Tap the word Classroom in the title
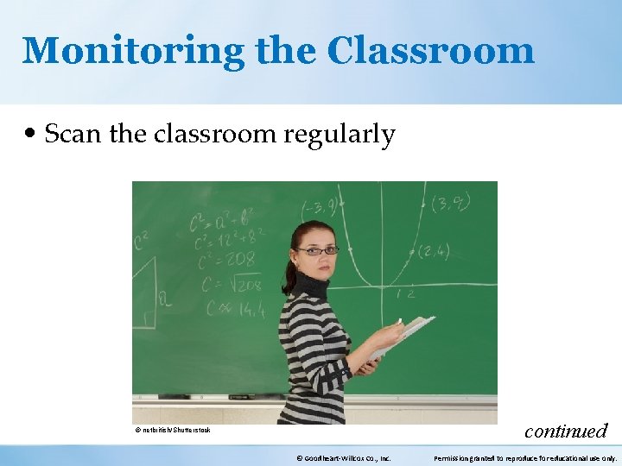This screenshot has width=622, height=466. pyautogui.click(x=430, y=51)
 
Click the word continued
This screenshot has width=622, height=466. pyautogui.click(x=566, y=430)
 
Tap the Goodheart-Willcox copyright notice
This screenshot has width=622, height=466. pyautogui.click(x=343, y=458)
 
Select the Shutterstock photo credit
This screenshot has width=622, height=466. pyautogui.click(x=173, y=430)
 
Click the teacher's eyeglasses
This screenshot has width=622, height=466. pyautogui.click(x=317, y=250)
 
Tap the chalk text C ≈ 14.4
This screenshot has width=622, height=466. pyautogui.click(x=233, y=307)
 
